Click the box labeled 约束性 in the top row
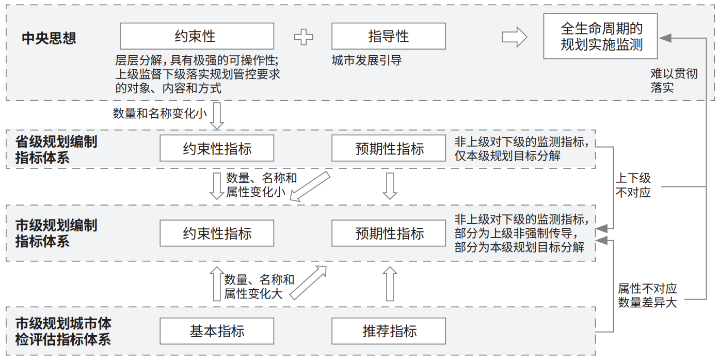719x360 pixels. point(197,36)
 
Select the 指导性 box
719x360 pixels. point(388,36)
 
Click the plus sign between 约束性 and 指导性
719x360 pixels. point(303,37)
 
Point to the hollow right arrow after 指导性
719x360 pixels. point(514,37)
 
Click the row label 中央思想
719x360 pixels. point(49,38)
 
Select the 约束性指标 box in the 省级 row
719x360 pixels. point(217,149)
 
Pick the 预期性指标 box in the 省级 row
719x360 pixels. point(388,149)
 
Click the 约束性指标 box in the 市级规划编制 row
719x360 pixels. point(217,233)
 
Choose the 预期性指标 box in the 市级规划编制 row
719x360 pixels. point(388,233)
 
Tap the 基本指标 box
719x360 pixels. point(217,331)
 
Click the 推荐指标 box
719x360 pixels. point(388,331)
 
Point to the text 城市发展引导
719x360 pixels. point(366,61)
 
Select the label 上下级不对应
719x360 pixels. point(633,185)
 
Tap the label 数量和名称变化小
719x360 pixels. point(160,113)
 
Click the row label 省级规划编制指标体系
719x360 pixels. point(56,149)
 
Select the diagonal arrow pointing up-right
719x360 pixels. point(309,282)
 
